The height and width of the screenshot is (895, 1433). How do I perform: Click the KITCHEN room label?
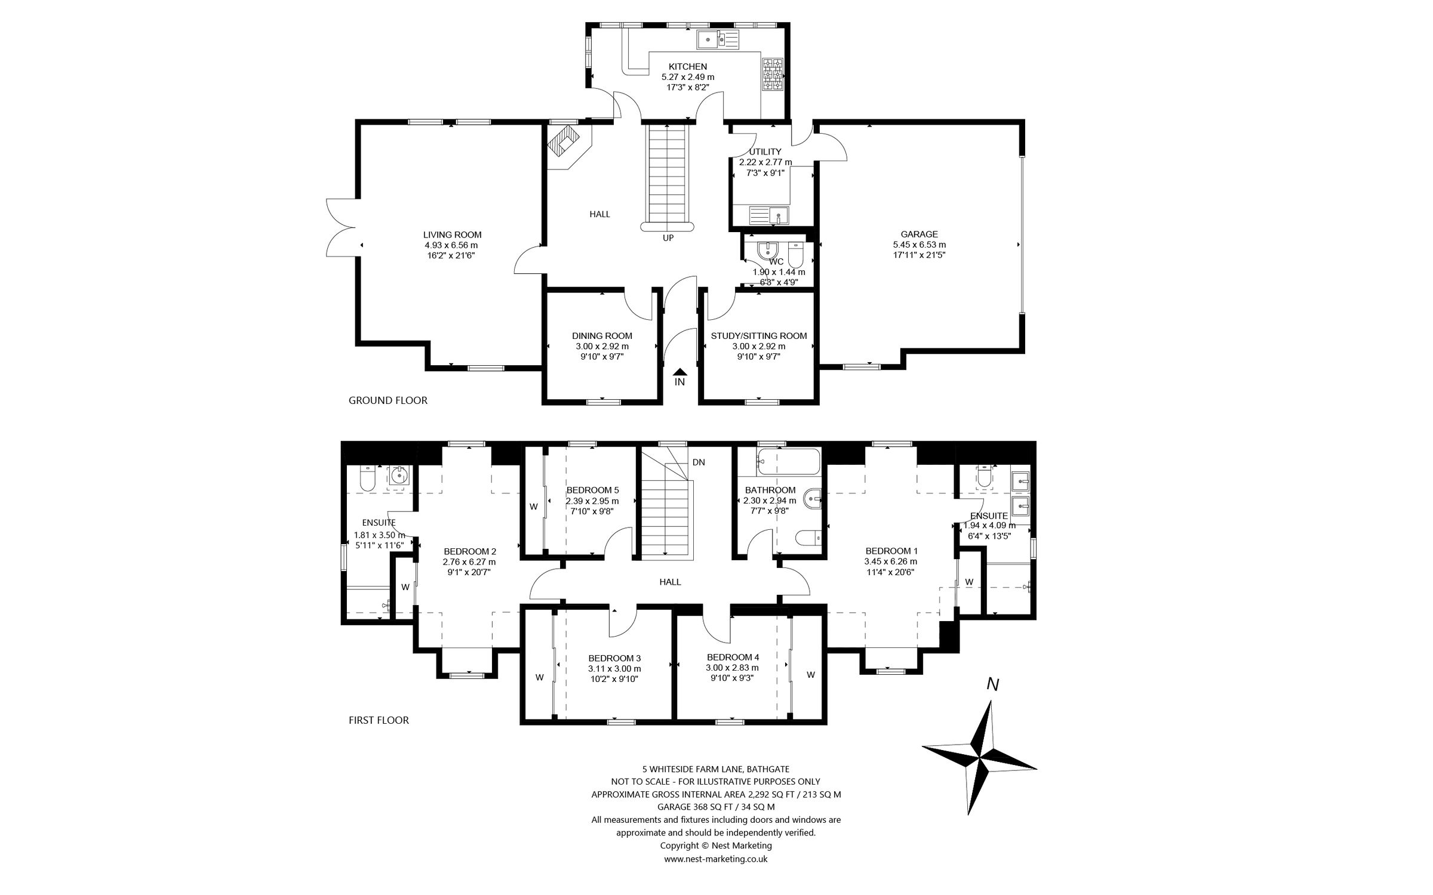click(x=687, y=67)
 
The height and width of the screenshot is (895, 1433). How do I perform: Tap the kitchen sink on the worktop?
click(x=718, y=39)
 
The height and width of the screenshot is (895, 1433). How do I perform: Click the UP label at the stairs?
click(x=668, y=238)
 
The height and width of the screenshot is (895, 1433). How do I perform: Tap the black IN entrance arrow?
click(x=679, y=373)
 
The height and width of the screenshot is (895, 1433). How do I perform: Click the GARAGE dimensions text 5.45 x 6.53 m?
click(x=919, y=245)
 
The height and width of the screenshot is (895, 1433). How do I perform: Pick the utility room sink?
click(x=770, y=215)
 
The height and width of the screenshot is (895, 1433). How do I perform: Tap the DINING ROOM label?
click(x=602, y=336)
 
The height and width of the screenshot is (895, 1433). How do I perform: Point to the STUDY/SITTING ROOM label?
click(x=758, y=336)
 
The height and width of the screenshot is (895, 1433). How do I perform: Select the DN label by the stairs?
click(x=699, y=462)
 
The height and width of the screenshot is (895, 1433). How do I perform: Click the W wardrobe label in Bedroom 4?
click(x=810, y=675)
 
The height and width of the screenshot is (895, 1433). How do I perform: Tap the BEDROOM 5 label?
click(x=592, y=490)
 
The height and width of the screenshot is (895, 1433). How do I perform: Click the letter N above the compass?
click(x=992, y=685)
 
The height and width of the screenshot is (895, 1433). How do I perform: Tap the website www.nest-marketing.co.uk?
click(x=715, y=876)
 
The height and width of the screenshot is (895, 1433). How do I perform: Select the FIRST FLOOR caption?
click(x=379, y=720)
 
